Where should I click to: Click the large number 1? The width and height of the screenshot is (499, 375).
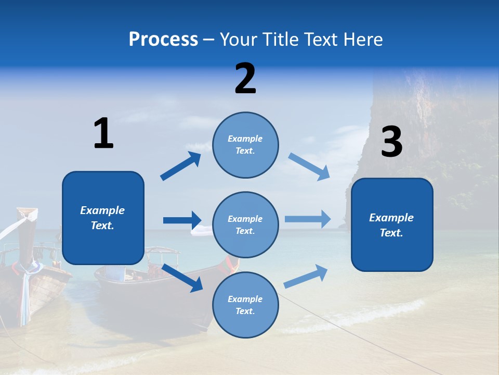pyautogui.click(x=103, y=133)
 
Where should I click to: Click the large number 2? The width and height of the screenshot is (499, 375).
pyautogui.click(x=245, y=79)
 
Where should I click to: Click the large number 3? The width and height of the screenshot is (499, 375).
pyautogui.click(x=391, y=142)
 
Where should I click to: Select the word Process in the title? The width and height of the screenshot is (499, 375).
pyautogui.click(x=163, y=40)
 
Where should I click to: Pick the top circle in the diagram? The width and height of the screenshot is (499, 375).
pyautogui.click(x=245, y=145)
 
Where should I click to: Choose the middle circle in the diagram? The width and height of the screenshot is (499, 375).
pyautogui.click(x=245, y=224)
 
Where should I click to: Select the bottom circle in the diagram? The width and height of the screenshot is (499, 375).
pyautogui.click(x=245, y=305)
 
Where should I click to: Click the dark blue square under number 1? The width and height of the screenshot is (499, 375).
pyautogui.click(x=103, y=218)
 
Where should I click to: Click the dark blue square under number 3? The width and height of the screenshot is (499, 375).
pyautogui.click(x=392, y=225)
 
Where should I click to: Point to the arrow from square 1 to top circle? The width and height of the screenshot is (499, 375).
pyautogui.click(x=181, y=166)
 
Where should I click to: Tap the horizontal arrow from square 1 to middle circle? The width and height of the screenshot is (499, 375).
pyautogui.click(x=182, y=220)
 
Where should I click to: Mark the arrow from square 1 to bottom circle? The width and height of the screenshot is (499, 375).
pyautogui.click(x=182, y=278)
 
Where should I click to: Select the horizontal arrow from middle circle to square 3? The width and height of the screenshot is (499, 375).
pyautogui.click(x=308, y=219)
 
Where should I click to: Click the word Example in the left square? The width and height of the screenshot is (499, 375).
pyautogui.click(x=102, y=210)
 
